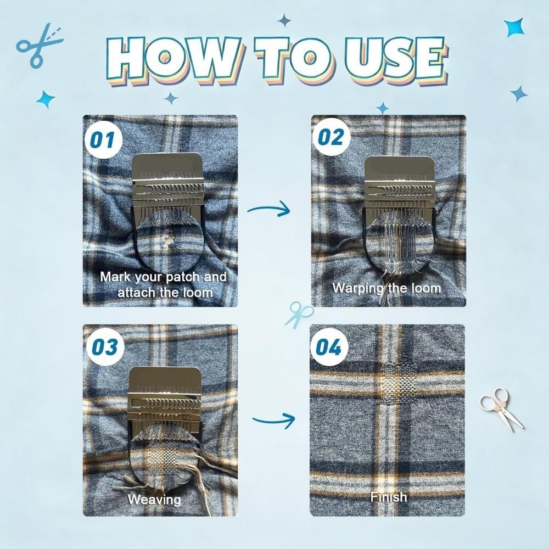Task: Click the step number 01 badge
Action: click(103, 139)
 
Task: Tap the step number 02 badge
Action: click(331, 137)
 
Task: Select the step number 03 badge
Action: click(105, 347)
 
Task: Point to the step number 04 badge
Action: click(328, 348)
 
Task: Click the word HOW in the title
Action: click(175, 58)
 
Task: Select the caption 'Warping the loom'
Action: click(386, 288)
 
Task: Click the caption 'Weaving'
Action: click(154, 500)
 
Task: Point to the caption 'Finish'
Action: click(389, 497)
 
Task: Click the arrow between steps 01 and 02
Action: click(269, 210)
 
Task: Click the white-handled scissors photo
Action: click(501, 408)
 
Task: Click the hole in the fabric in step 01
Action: click(169, 240)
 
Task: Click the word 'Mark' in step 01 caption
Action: click(116, 277)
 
